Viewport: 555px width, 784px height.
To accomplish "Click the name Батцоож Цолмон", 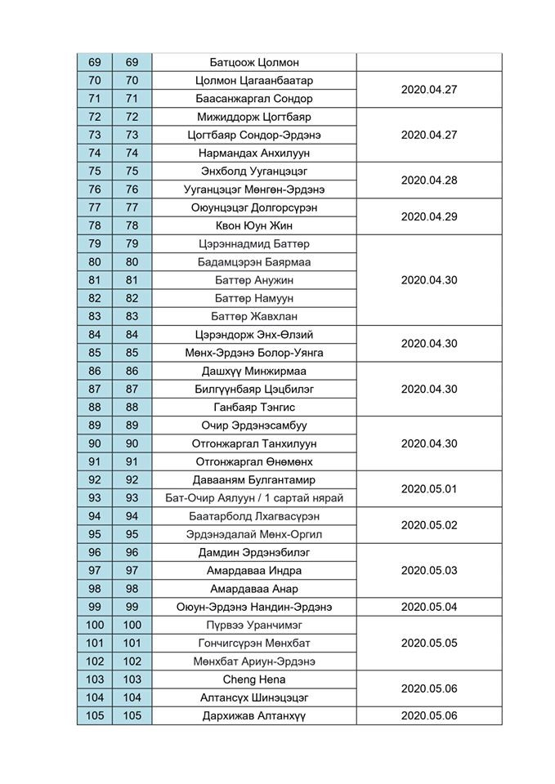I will [x=254, y=63].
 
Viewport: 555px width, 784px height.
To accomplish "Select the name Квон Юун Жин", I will [x=254, y=225].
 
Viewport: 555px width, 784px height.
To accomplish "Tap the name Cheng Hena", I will [x=254, y=679].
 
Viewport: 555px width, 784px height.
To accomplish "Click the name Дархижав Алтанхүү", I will [x=254, y=716].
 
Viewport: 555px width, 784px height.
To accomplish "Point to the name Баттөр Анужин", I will [x=254, y=280].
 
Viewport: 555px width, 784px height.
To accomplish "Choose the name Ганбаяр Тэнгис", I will [x=254, y=407].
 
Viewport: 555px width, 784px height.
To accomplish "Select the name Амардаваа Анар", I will [x=254, y=589].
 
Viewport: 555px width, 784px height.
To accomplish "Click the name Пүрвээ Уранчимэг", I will [x=254, y=625].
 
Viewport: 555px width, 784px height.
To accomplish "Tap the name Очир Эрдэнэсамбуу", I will [x=254, y=425].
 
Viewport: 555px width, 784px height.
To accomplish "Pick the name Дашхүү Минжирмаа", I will [x=254, y=371].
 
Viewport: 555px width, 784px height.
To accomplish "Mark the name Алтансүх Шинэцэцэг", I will [x=254, y=697].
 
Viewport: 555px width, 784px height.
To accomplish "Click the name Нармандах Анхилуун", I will [x=254, y=153].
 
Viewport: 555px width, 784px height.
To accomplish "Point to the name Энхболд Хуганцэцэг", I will [x=254, y=171].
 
